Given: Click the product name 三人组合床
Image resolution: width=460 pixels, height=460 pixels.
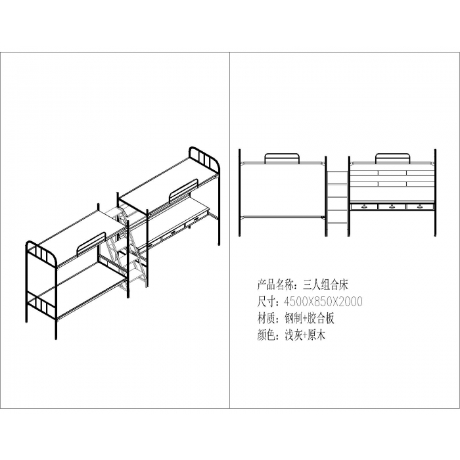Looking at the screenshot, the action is click(326, 285).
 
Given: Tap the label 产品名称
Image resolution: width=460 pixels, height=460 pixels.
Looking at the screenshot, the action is click(277, 285).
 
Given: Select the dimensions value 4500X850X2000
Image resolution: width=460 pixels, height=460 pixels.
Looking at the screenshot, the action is click(323, 301).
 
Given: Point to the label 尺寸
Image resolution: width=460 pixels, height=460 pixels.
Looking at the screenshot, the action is click(267, 301).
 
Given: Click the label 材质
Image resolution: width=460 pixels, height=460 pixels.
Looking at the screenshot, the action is click(267, 318).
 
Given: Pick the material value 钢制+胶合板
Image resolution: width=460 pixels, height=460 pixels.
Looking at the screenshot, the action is click(310, 318).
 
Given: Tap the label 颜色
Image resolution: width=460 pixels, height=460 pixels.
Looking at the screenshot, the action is click(267, 335).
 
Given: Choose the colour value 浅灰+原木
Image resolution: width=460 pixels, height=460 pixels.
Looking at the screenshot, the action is click(305, 335).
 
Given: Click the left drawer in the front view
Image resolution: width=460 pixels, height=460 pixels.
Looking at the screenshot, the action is click(364, 207).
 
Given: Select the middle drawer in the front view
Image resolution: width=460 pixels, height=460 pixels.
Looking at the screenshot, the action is click(392, 207).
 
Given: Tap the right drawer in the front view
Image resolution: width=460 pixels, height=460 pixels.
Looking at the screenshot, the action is click(420, 207).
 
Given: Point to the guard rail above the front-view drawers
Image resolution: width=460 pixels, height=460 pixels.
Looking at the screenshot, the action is click(392, 158).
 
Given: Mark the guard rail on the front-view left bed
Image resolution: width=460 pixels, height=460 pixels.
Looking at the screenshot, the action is click(282, 158).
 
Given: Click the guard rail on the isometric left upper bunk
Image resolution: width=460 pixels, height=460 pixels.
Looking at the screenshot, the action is click(91, 244).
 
